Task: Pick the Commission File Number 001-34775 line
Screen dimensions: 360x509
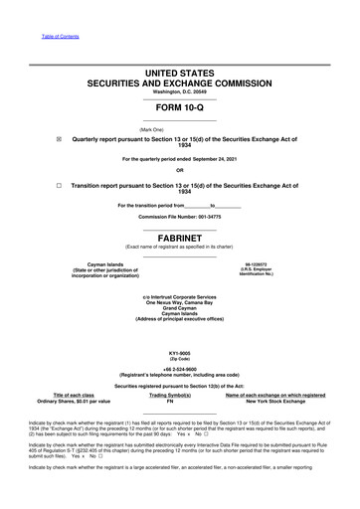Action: click(179, 215)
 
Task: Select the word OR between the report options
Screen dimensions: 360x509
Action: click(179, 172)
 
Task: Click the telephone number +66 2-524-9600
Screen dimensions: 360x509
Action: click(179, 375)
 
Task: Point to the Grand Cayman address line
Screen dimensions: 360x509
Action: click(179, 307)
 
